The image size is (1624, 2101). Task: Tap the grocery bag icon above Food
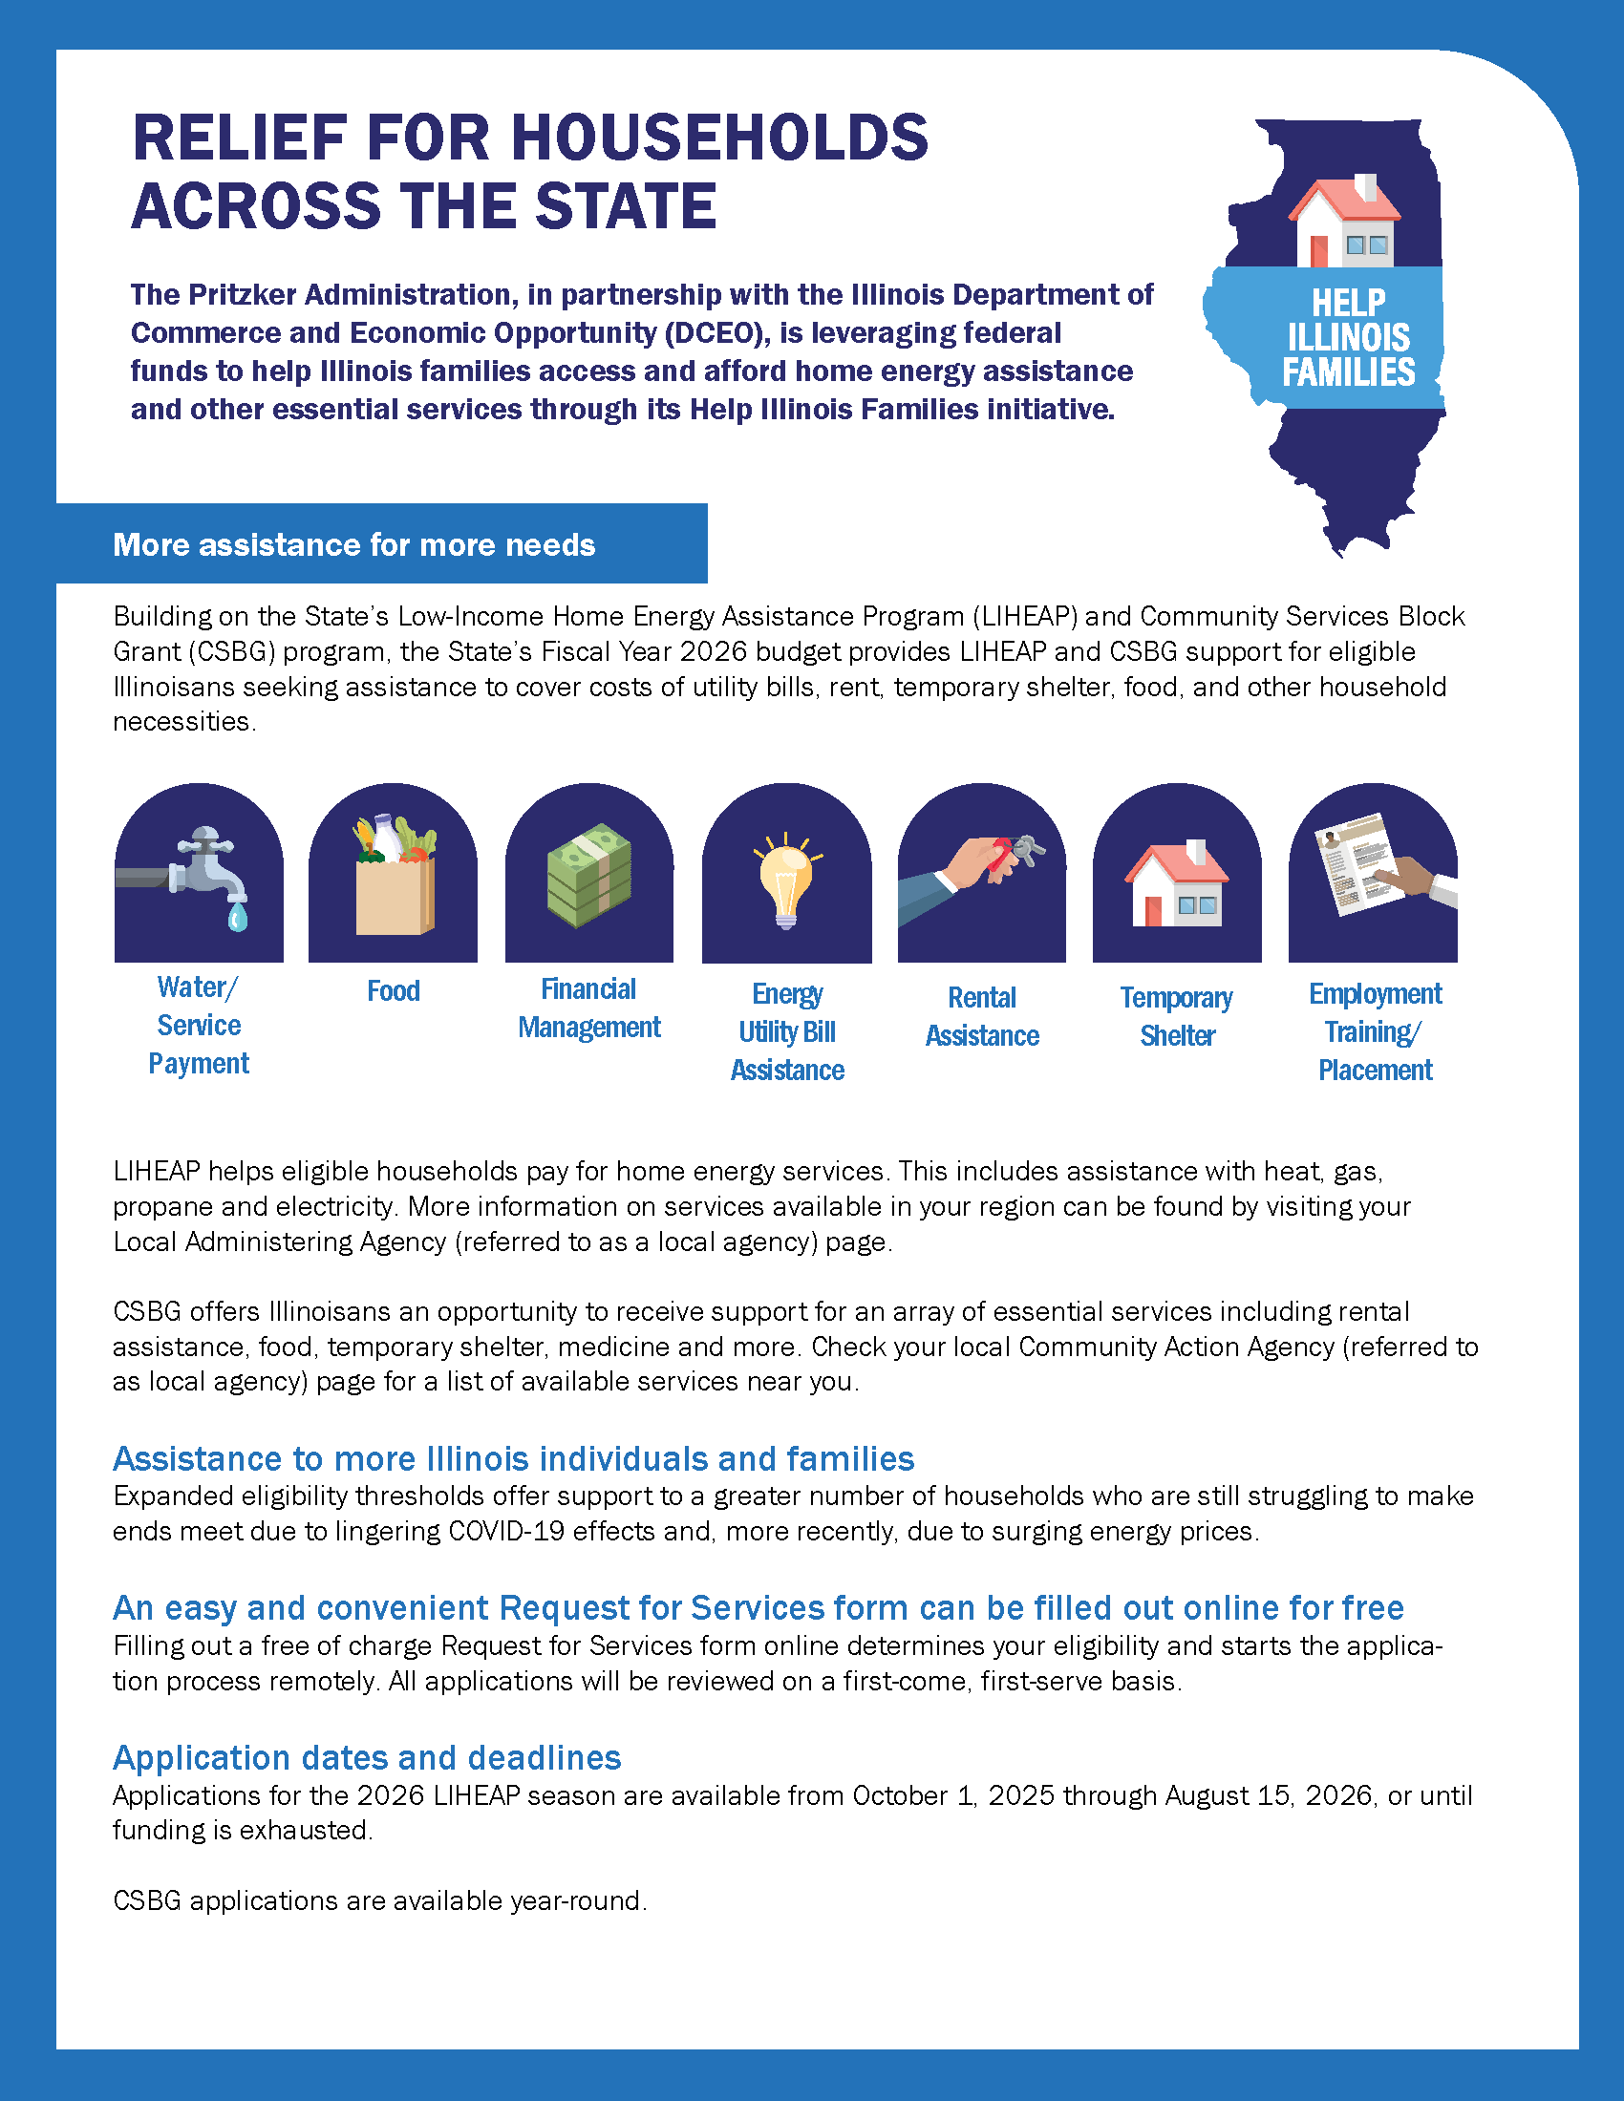(395, 881)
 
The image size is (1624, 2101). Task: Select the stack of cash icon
(588, 876)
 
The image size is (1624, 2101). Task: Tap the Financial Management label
(588, 1008)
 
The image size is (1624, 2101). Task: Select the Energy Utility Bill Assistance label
(787, 1031)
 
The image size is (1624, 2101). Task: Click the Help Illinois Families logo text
(1348, 338)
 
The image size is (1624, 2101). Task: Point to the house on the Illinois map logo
(1345, 223)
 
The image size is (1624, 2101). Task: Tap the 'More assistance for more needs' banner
(354, 544)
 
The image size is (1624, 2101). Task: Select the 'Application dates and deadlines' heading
(367, 1757)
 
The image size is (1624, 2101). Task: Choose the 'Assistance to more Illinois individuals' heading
(513, 1458)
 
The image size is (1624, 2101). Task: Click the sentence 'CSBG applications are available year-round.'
(380, 1900)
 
